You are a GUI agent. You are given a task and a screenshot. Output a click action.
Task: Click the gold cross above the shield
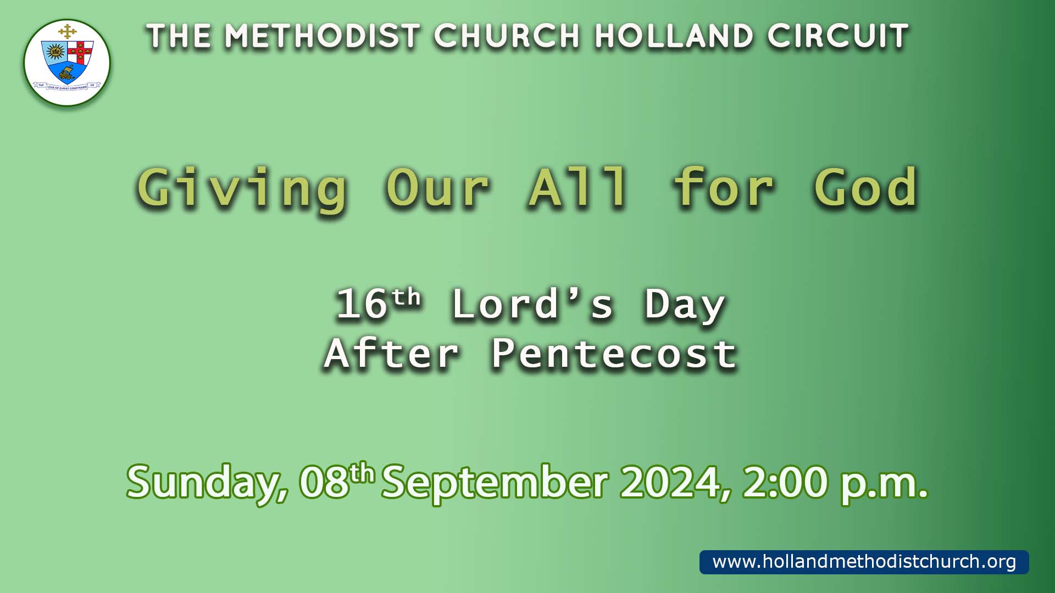point(67,31)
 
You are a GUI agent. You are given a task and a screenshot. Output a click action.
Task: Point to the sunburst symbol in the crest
point(54,52)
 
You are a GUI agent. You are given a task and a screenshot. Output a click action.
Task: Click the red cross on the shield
point(80,52)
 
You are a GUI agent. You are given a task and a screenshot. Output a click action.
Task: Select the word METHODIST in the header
point(322,36)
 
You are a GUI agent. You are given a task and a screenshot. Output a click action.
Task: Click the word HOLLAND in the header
point(674,36)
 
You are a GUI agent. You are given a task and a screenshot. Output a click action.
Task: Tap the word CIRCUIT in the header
point(838,36)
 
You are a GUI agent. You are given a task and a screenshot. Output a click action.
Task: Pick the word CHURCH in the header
point(507,36)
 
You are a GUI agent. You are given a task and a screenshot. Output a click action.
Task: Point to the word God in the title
point(865,188)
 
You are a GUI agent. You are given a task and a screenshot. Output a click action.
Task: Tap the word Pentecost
point(614,354)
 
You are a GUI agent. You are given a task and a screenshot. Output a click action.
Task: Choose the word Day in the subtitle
point(685,305)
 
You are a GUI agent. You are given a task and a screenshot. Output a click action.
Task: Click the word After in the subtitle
point(391,354)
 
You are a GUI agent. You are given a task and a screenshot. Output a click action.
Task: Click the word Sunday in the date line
point(207,483)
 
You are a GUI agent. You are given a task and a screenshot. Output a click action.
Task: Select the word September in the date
point(495,483)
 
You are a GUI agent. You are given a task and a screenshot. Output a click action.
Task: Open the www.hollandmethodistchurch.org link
point(864,562)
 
